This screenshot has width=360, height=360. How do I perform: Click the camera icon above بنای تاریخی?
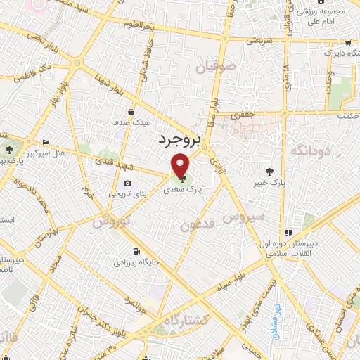127,184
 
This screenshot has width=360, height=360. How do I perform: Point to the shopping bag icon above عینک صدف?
131,111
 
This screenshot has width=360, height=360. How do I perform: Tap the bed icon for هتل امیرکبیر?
46,142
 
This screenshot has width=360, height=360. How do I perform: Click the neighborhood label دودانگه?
306,151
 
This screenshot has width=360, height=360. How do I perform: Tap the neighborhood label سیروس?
244,217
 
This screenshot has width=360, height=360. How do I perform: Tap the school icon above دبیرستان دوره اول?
288,233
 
